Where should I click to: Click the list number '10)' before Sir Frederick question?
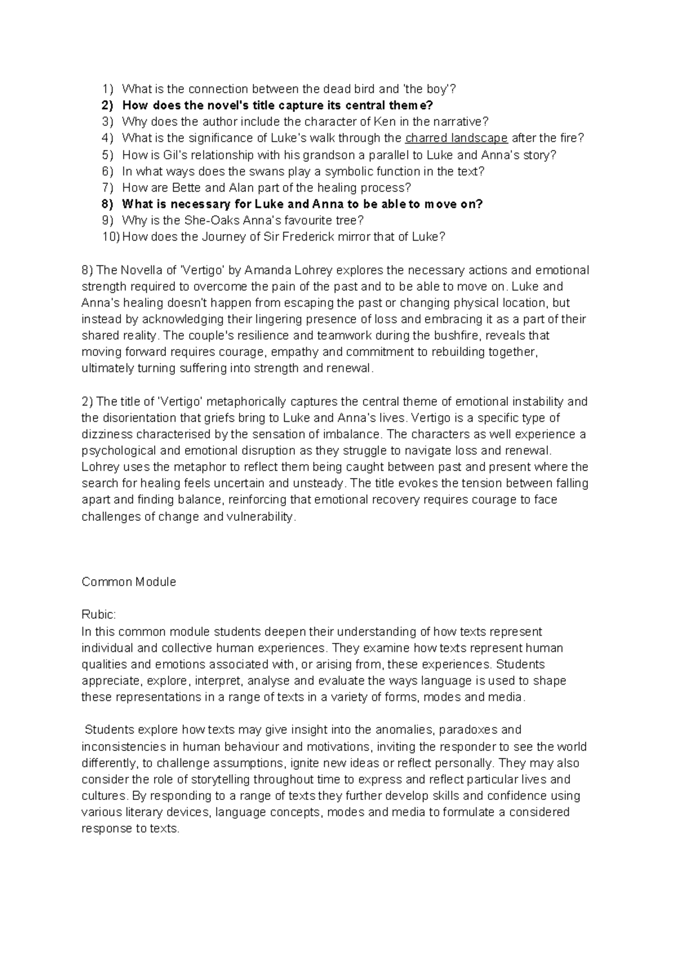[111, 237]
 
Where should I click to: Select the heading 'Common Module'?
[129, 582]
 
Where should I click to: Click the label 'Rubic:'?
[98, 615]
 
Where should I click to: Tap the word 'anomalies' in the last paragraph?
[405, 730]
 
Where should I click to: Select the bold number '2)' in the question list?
[107, 106]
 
